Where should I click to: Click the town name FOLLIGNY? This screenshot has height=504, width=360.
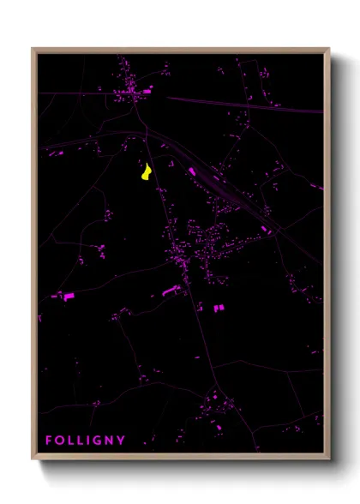85,441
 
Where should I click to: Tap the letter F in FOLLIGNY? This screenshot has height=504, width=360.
49,441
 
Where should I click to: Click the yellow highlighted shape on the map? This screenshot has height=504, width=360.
147,172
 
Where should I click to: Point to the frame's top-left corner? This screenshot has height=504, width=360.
33,50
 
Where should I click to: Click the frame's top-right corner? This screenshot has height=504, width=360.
328,50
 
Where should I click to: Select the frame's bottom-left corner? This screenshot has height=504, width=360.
33,458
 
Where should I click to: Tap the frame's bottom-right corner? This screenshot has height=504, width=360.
328,458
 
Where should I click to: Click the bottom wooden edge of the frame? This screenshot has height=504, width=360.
180,456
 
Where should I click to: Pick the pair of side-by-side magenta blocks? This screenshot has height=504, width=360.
219,307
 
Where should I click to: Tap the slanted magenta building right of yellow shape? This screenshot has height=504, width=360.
191,171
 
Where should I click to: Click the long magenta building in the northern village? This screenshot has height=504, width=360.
147,89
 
